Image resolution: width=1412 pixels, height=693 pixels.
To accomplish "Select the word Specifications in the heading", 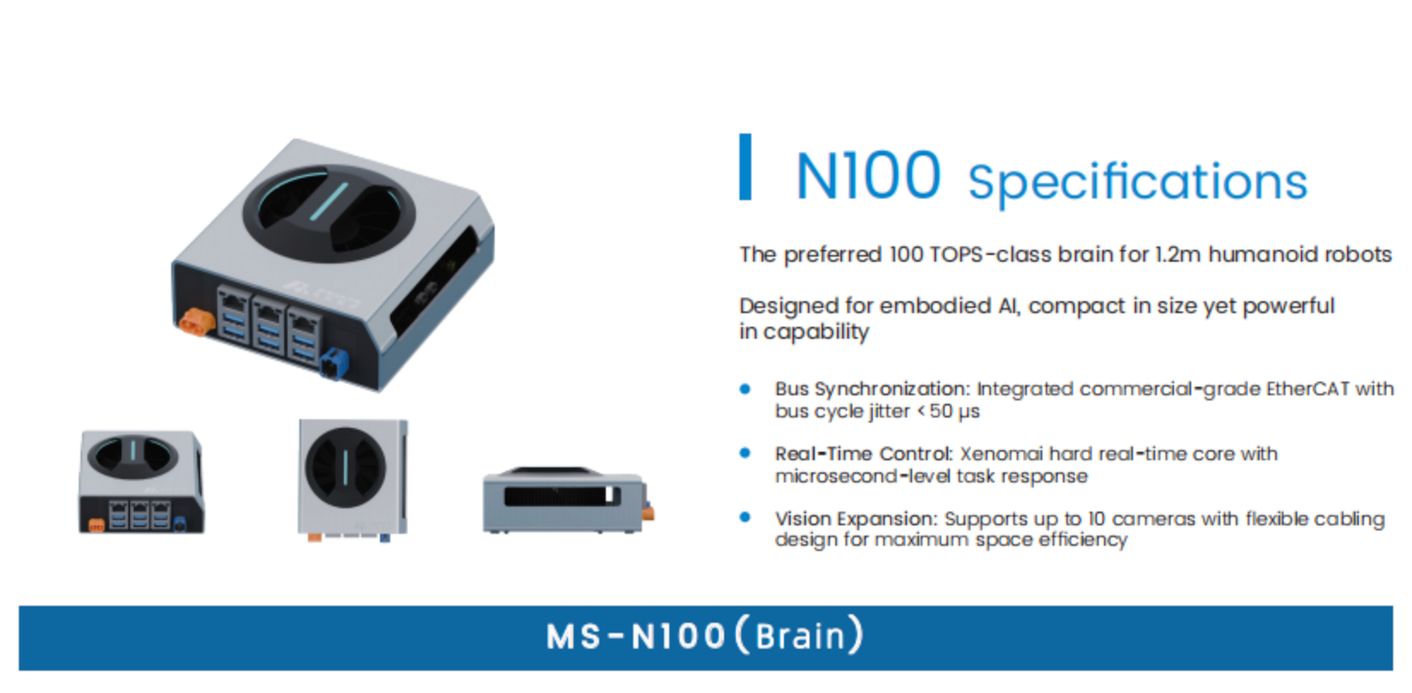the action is pyautogui.click(x=1137, y=182).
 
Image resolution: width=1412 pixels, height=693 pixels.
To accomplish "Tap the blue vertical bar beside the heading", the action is pyautogui.click(x=745, y=167).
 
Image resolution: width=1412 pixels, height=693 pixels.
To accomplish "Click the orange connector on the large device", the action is pyautogui.click(x=197, y=323).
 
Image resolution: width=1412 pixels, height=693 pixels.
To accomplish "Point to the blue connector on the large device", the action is pyautogui.click(x=334, y=364).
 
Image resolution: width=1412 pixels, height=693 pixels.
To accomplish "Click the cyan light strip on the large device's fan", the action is pyautogui.click(x=329, y=202).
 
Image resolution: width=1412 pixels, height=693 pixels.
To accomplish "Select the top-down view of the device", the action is pyautogui.click(x=353, y=480).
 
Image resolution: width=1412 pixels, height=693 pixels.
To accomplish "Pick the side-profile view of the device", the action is pyautogui.click(x=568, y=500).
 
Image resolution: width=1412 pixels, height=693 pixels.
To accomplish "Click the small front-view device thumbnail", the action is pyautogui.click(x=141, y=482).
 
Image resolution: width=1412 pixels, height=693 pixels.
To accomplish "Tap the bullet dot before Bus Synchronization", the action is pyautogui.click(x=745, y=389).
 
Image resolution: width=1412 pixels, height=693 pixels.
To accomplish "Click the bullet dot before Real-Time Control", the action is pyautogui.click(x=745, y=453).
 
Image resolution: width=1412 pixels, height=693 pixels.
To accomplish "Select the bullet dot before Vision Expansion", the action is pyautogui.click(x=745, y=518).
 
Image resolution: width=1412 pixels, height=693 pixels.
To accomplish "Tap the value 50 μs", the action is pyautogui.click(x=954, y=412).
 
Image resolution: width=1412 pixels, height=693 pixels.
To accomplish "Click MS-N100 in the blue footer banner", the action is pyautogui.click(x=636, y=637).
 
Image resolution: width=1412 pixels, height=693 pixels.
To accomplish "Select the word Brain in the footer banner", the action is pyautogui.click(x=800, y=637).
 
